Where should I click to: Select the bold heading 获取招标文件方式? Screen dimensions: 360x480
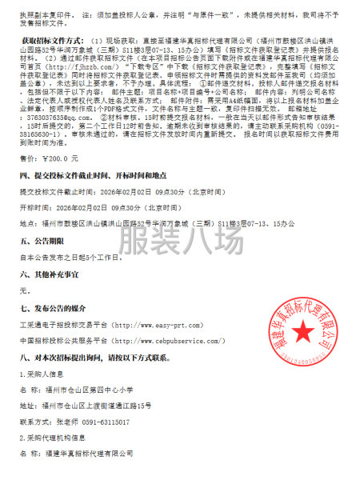pos(51,38)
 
